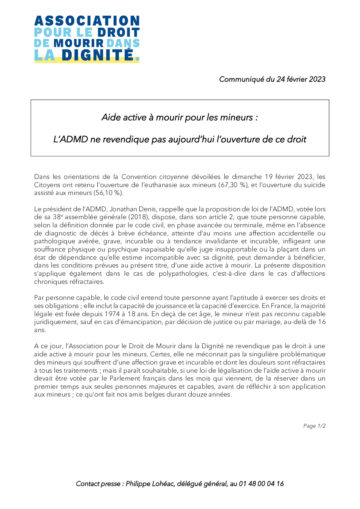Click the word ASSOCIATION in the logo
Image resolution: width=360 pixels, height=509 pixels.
(x=87, y=21)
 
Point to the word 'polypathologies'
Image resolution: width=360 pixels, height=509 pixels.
(x=183, y=274)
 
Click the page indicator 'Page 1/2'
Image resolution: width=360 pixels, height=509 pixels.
(x=314, y=426)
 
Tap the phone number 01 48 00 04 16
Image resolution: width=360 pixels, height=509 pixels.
(x=261, y=484)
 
